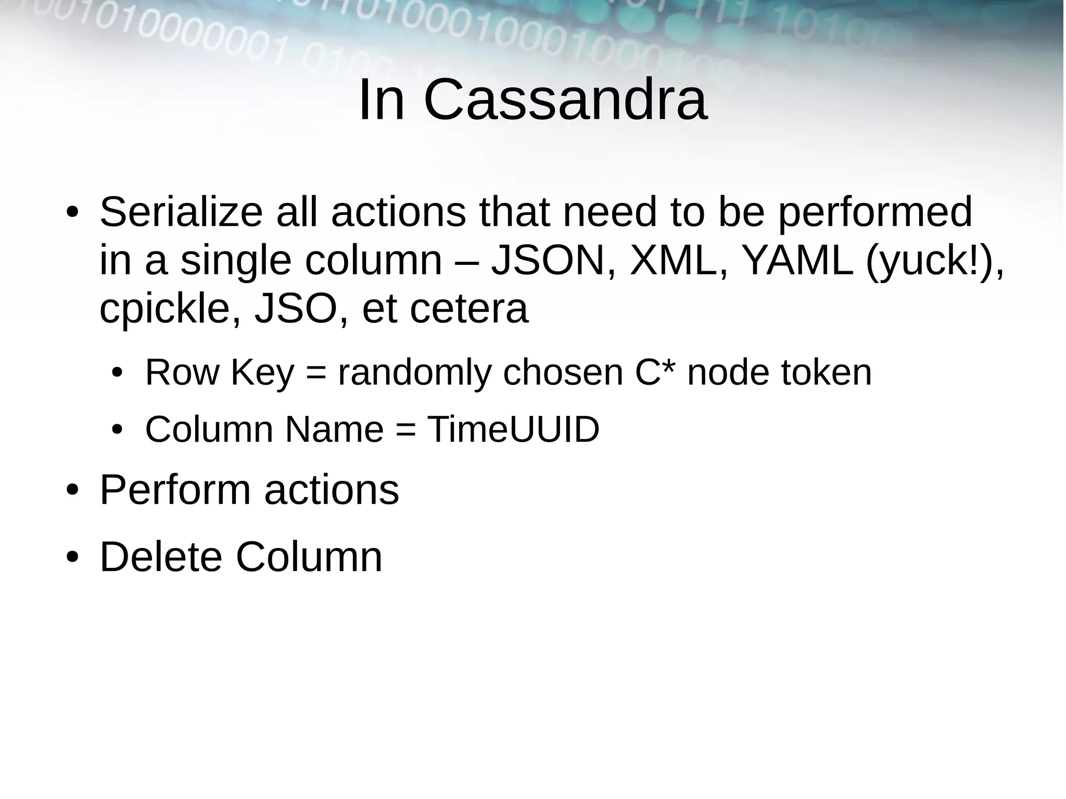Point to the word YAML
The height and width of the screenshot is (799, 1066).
point(796,261)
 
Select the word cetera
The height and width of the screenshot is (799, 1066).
point(468,309)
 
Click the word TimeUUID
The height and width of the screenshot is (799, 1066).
point(513,429)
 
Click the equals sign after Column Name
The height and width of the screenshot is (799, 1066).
point(406,430)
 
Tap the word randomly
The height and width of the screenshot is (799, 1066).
point(414,373)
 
